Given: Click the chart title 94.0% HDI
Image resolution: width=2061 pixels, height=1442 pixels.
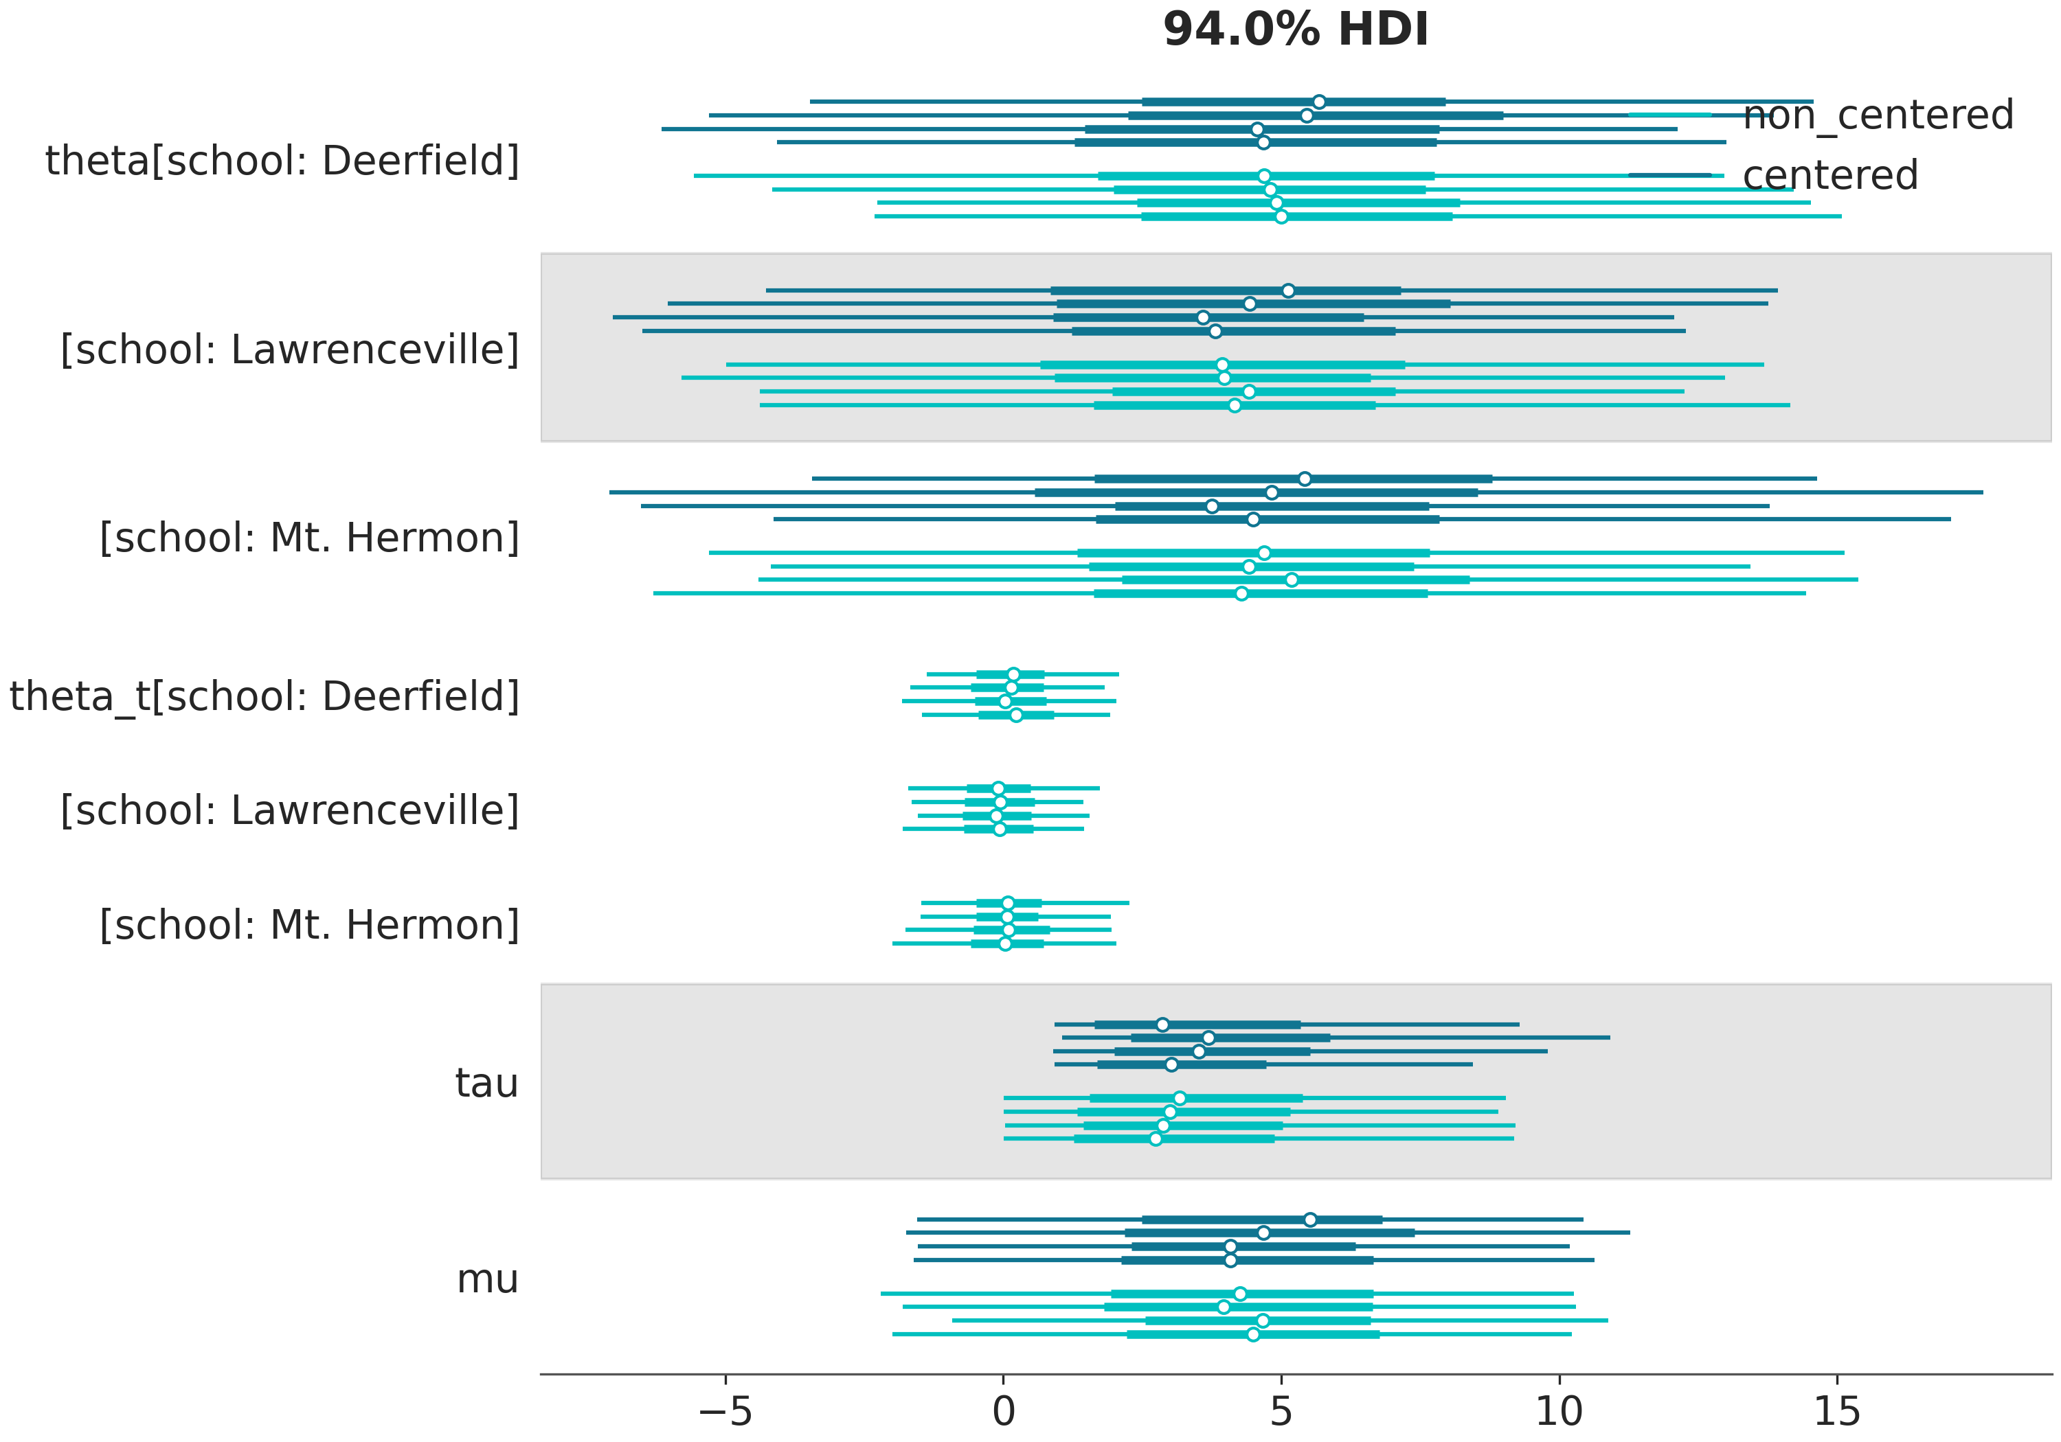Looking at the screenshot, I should (x=1295, y=30).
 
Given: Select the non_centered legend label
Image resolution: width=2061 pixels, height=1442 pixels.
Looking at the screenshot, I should (x=1878, y=115).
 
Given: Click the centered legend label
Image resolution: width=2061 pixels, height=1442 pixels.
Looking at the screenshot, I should (x=1830, y=175).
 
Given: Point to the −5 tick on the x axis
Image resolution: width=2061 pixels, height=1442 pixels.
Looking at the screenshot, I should (x=725, y=1412).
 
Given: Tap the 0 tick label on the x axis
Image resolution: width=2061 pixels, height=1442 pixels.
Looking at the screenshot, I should (x=1004, y=1412).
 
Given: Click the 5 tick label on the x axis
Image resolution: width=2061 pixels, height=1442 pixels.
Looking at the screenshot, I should (x=1281, y=1412).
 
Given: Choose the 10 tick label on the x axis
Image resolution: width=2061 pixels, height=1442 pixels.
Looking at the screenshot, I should (x=1559, y=1412).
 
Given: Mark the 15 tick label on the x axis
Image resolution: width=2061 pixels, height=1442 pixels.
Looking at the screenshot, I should (x=1836, y=1412).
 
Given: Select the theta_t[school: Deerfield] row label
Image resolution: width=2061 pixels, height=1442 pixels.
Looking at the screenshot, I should (x=264, y=696).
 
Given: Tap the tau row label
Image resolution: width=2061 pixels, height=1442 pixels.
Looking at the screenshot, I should (x=486, y=1083).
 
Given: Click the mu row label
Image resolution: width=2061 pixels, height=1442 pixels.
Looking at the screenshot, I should (x=487, y=1279).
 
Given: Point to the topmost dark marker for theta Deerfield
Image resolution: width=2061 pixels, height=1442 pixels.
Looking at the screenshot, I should (x=1318, y=102).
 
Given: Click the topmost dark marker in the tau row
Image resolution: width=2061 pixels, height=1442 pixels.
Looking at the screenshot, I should (x=1162, y=1025).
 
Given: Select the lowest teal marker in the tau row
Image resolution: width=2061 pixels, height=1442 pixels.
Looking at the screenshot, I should (x=1156, y=1138).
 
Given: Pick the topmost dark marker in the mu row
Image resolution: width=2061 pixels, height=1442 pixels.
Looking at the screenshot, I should (x=1309, y=1220).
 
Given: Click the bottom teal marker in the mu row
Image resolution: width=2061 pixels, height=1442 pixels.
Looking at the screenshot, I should (x=1253, y=1334).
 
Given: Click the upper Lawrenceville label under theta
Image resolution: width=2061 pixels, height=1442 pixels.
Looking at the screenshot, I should (x=290, y=350).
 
